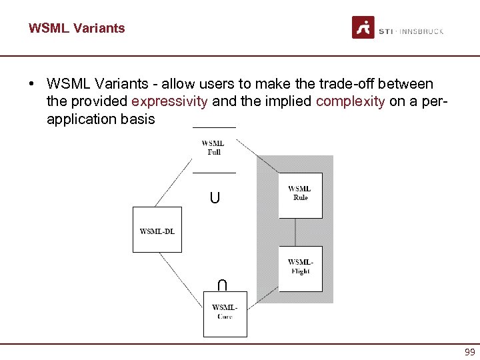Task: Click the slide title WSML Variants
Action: click(x=76, y=28)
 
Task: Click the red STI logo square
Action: click(x=363, y=27)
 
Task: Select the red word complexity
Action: click(x=350, y=102)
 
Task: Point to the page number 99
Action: click(x=469, y=352)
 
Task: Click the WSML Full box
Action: click(x=213, y=149)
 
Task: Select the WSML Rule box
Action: click(x=300, y=195)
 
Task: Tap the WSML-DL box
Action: click(x=157, y=230)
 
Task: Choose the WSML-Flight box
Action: click(x=300, y=269)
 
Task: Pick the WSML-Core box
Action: click(x=225, y=313)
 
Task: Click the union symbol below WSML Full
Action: click(x=214, y=197)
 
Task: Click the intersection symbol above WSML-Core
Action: click(x=222, y=285)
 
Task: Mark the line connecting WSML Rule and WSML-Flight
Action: click(x=296, y=232)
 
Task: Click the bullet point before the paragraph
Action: click(x=31, y=85)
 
